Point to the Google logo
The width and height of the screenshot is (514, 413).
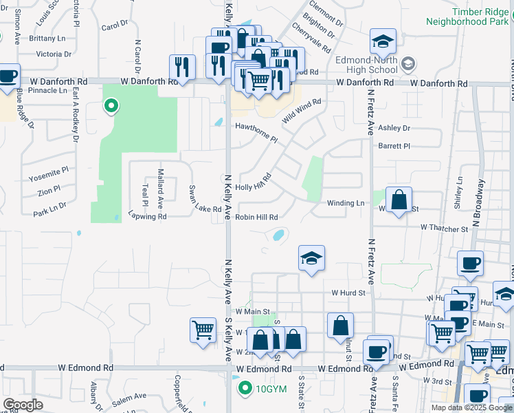(x=23, y=405)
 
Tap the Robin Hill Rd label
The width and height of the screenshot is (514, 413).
(x=256, y=217)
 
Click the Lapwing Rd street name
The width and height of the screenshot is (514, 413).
(x=148, y=216)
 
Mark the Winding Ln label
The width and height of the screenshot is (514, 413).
(x=346, y=203)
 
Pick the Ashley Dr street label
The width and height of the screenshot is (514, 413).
(x=394, y=128)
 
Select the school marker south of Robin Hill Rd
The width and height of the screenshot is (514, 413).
(x=311, y=259)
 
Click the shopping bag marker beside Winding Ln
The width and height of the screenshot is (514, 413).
(x=399, y=200)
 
